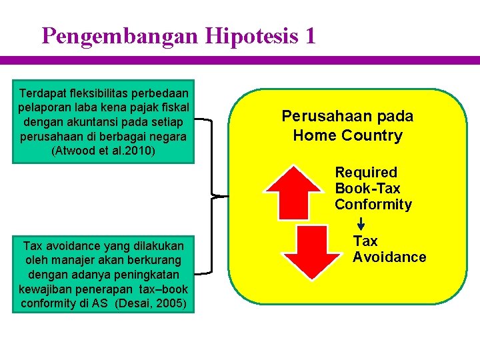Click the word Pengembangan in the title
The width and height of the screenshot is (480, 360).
tap(119, 35)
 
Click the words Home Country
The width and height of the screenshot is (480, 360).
tap(347, 136)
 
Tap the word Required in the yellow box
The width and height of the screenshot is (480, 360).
tap(365, 173)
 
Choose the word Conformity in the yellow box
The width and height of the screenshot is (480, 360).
tap(373, 205)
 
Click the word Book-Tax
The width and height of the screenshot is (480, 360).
tap(367, 189)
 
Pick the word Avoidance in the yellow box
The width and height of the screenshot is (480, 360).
tap(389, 257)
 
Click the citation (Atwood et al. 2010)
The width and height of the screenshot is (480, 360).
tap(103, 151)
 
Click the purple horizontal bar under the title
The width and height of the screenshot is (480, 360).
tap(240, 60)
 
